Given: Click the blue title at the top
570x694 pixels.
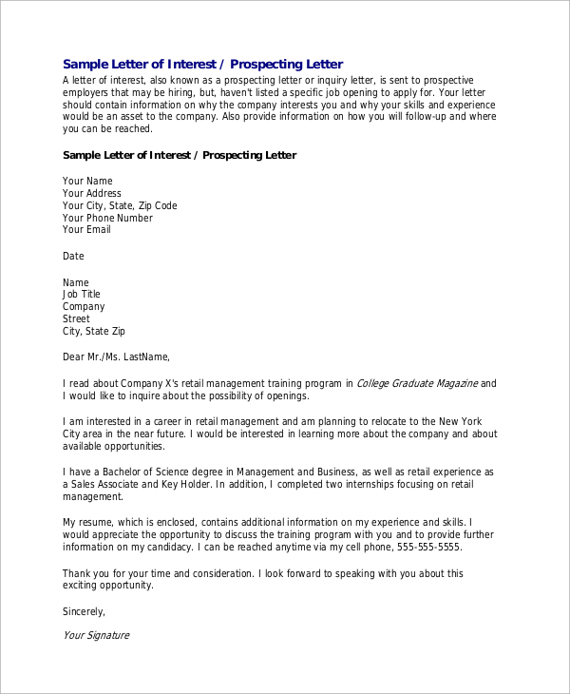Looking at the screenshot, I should point(202,64).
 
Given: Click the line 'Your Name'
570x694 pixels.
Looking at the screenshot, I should point(87,181).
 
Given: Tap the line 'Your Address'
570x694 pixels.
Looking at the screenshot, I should point(92,193).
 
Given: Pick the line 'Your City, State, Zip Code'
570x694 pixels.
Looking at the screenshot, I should point(120,205).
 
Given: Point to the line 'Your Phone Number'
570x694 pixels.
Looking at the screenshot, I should point(107,218).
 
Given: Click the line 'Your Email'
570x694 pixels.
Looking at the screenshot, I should point(86,229).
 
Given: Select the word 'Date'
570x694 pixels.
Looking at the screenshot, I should point(73,256).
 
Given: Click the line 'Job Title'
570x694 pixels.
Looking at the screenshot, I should point(81,295).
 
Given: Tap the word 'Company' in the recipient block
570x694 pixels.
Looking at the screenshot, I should point(84,307).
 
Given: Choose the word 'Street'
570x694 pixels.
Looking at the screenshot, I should point(77,319).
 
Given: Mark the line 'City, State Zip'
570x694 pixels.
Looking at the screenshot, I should point(93,332).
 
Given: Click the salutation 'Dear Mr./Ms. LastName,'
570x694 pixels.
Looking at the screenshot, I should point(116,357).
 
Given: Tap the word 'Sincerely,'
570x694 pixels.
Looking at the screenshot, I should point(84,610).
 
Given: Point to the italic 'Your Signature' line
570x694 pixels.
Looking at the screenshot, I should point(95,635).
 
